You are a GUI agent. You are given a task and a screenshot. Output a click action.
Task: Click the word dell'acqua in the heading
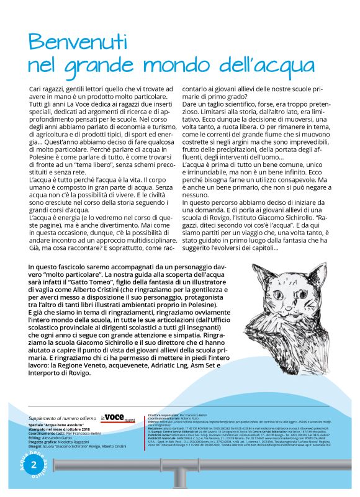(261, 65)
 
